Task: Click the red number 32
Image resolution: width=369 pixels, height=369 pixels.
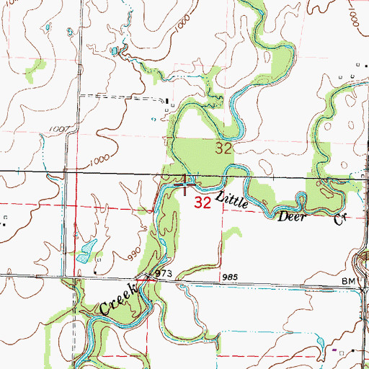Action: point(203,203)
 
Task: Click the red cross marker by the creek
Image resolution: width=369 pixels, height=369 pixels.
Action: point(187,184)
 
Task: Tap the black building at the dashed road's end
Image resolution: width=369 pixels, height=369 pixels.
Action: point(166,100)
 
